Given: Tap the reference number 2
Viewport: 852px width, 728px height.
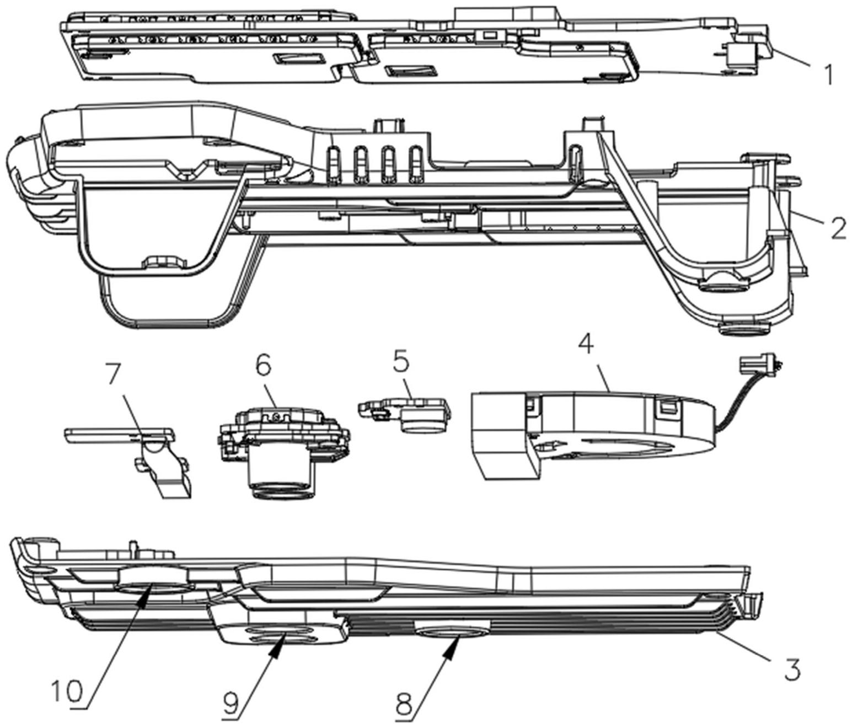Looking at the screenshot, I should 837,227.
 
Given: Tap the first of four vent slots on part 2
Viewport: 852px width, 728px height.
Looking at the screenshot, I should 333,164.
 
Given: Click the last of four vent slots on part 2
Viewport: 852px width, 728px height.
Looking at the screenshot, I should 416,164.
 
